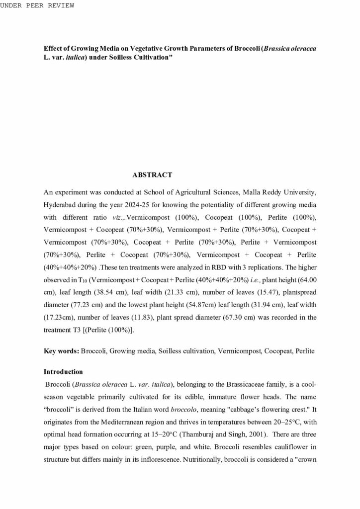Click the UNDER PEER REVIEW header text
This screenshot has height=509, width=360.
[x=37, y=5]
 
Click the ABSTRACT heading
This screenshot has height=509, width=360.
[x=152, y=175]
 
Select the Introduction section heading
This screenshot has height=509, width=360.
[x=63, y=372]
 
